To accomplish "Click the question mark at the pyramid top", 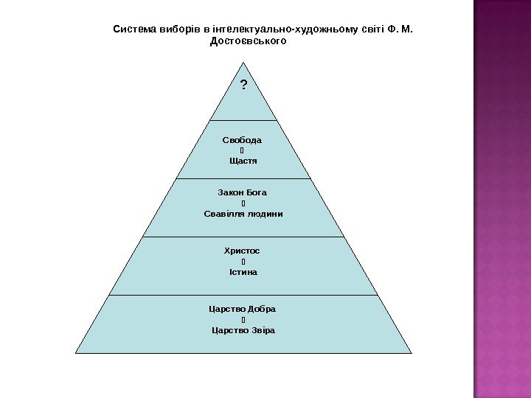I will click(243, 85).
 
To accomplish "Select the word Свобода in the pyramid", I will click(242, 139).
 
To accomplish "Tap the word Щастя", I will click(243, 161).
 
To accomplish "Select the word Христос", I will click(243, 251).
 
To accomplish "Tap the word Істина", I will click(243, 272).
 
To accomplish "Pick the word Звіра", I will click(262, 330).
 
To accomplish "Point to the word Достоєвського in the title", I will click(248, 41).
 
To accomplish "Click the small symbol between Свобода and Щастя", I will click(242, 150).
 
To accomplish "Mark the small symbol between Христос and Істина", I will click(242, 262).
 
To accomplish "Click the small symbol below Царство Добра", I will click(242, 320).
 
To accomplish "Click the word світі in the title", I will click(372, 29).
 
